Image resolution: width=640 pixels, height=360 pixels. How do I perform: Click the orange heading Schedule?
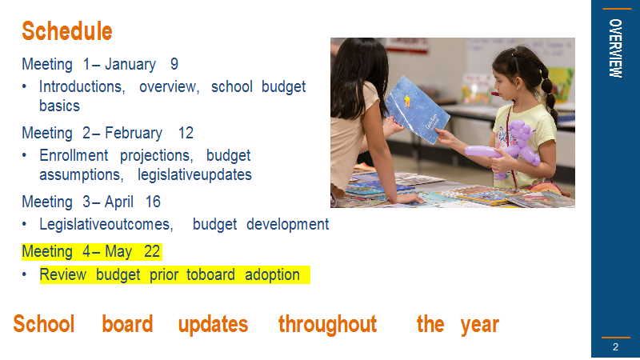[x=67, y=31]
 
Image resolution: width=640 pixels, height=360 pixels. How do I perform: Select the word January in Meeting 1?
[x=130, y=65]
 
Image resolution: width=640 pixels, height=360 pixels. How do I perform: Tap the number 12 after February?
[x=186, y=133]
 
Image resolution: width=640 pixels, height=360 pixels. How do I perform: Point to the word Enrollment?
[x=74, y=155]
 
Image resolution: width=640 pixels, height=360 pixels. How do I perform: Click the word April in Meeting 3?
[x=118, y=202]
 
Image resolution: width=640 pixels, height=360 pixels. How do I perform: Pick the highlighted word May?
[x=118, y=252]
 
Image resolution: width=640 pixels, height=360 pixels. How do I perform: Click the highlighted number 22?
[x=152, y=251]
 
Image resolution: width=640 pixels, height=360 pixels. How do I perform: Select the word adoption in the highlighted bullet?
[x=272, y=275]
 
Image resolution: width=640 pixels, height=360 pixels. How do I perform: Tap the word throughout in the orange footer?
[x=327, y=325]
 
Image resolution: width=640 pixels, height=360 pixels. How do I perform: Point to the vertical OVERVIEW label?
[x=615, y=48]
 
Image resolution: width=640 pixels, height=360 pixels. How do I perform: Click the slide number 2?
[x=615, y=347]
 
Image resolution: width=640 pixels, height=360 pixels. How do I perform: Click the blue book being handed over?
[x=417, y=110]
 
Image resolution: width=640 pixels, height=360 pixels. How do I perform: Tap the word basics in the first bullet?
[x=59, y=106]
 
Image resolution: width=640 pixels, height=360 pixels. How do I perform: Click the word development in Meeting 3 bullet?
[x=288, y=225]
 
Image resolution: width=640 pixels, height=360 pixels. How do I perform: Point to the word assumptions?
[x=82, y=175]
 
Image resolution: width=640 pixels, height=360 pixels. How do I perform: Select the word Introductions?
[x=82, y=87]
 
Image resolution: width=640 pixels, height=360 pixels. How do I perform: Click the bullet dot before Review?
[x=25, y=274]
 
